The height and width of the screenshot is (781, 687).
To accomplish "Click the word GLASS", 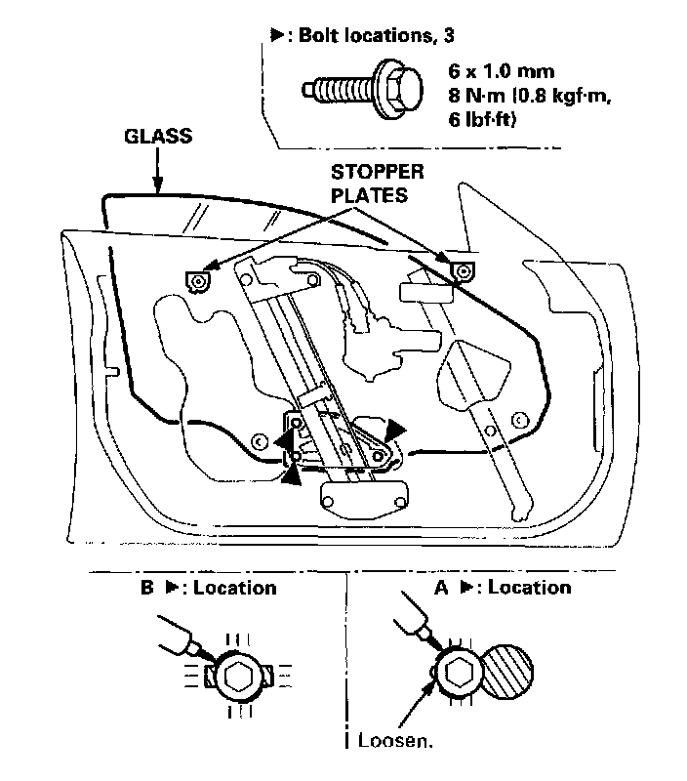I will [157, 138].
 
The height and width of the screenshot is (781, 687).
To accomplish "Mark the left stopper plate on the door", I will [198, 281].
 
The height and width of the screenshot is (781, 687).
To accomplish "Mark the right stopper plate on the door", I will [462, 268].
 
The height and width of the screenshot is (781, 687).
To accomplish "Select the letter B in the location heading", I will [147, 588].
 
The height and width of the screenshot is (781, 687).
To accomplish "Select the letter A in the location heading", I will [439, 588].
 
